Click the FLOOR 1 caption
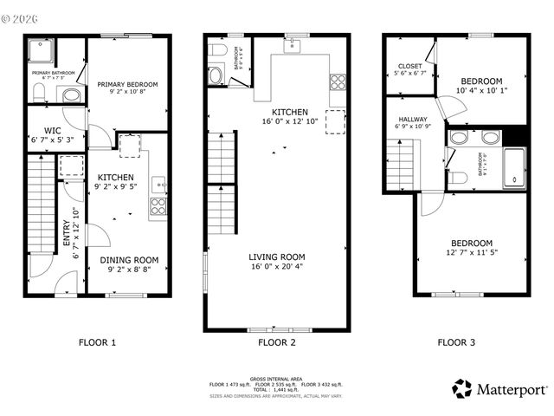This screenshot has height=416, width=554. pos(97,342)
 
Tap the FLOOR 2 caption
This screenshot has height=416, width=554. pos(276,342)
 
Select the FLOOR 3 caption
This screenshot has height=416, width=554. pos(455,342)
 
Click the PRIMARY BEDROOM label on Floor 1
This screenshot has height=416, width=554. pos(127,84)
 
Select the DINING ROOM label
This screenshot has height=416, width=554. pos(128,259)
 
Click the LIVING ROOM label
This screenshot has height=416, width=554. pos(277,257)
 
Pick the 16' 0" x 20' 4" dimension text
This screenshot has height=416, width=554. pos(277,267)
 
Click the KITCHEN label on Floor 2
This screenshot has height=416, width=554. pos(289,113)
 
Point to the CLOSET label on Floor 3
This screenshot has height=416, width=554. pos(409,67)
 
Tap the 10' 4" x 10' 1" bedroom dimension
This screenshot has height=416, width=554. pos(482,89)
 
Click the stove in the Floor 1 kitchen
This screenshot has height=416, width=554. pos(158,205)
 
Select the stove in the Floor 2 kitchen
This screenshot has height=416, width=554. pos(338,82)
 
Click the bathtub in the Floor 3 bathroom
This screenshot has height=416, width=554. pos(513,166)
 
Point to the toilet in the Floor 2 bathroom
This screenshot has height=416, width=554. pos(216,76)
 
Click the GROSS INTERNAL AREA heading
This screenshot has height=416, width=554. pos(276,379)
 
